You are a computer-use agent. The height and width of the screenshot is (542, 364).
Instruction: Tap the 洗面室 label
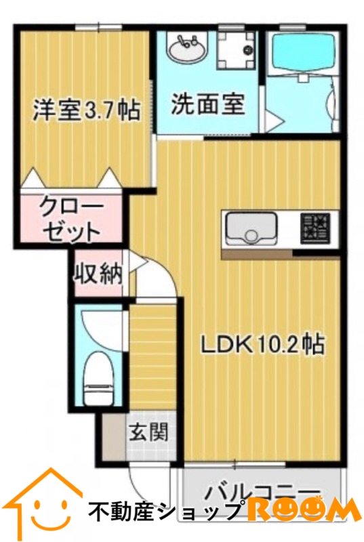click(x=207, y=106)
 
